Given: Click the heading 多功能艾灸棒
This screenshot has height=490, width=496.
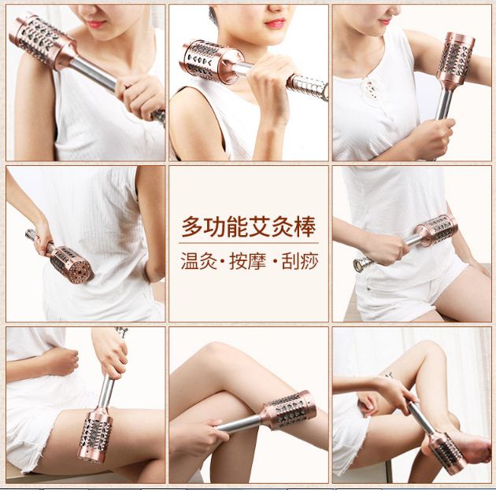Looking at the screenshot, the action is point(249,227).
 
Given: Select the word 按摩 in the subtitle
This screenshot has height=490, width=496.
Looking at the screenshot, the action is point(248,261).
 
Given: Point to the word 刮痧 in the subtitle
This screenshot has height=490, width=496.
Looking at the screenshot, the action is point(299,261).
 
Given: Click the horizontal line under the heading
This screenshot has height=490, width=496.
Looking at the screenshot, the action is point(249,243).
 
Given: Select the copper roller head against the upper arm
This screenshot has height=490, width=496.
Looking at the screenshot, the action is point(456,60).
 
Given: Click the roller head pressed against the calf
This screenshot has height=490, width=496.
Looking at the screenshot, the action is point(288,410).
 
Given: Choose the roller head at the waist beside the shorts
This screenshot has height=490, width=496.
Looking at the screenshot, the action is point(436,230).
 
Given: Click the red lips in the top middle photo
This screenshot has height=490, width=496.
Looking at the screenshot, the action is point(276,23).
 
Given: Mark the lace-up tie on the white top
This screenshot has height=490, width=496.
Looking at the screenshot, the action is point(371,89).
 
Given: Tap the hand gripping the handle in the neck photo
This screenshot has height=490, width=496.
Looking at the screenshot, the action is point(272,85).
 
